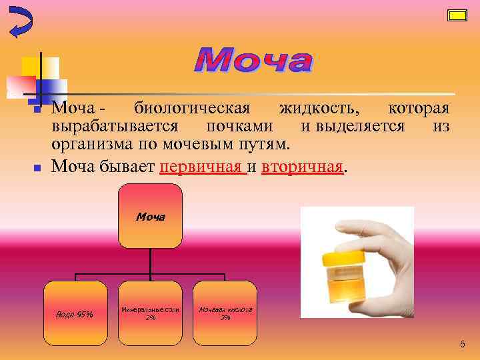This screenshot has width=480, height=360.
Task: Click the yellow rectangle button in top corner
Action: point(457,15)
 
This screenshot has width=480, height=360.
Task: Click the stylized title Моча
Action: point(253,61)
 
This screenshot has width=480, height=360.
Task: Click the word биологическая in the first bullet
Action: point(192,109)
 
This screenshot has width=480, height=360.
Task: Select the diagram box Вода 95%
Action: point(75,313)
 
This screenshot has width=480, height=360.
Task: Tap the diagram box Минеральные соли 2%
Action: point(150,313)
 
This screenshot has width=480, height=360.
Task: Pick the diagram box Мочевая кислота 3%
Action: point(225,313)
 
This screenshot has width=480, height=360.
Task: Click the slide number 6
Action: point(463,344)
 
